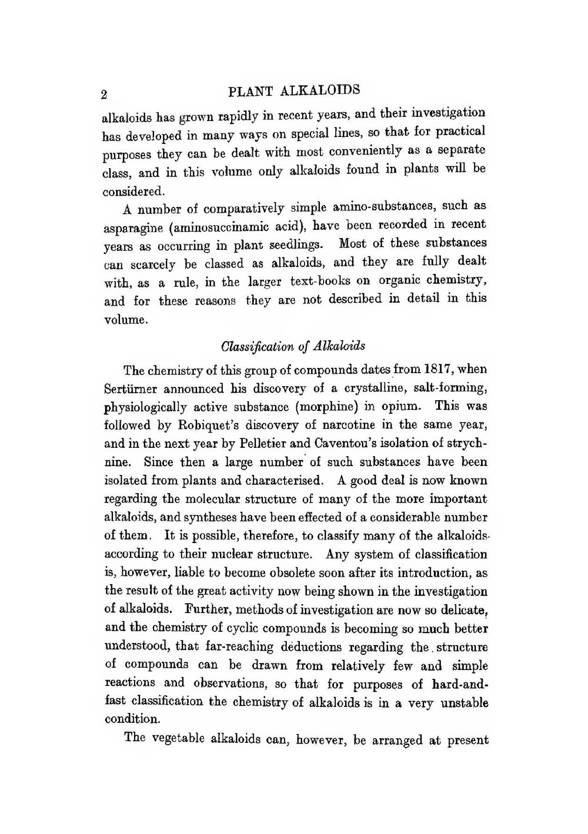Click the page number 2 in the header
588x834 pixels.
click(104, 95)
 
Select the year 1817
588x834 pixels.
click(437, 369)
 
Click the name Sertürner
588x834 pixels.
click(131, 388)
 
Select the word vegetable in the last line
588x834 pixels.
click(178, 739)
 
